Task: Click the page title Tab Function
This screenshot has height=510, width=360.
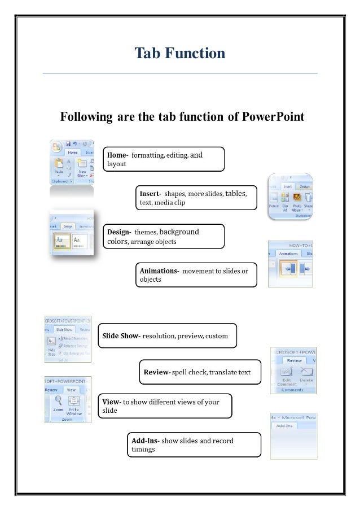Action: (x=180, y=54)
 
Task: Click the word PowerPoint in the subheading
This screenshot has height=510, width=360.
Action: (x=273, y=117)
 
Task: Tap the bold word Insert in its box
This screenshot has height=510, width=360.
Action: (x=150, y=194)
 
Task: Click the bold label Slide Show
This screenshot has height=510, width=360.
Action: (x=120, y=336)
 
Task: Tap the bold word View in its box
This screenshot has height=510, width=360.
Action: (x=111, y=402)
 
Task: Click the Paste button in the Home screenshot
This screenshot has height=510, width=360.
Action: (x=58, y=167)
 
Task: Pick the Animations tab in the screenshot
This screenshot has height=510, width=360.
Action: (x=288, y=254)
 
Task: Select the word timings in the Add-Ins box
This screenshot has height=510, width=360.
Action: (x=143, y=450)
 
